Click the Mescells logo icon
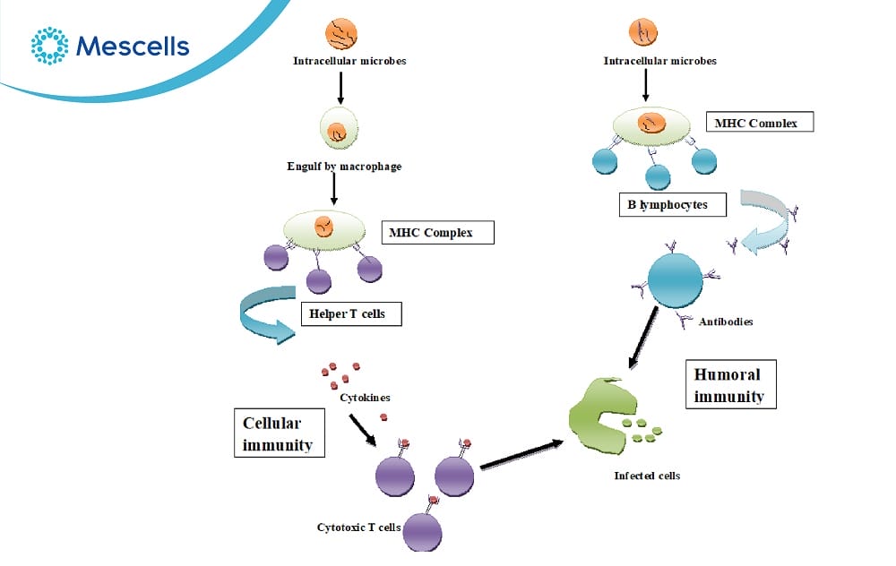pos(49,45)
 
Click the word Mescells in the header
pos(133,46)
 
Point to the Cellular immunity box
pos(278,433)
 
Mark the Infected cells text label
pos(647,476)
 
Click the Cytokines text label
pos(365,397)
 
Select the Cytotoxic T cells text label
pos(358,527)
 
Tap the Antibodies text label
pos(726,322)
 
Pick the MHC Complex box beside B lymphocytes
pos(759,121)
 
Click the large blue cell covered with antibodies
pos(676,281)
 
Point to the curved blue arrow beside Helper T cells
pos(267,313)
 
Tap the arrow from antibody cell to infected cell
pos(647,338)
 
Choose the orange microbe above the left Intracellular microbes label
pos(340,34)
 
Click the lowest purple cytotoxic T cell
pos(422,530)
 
